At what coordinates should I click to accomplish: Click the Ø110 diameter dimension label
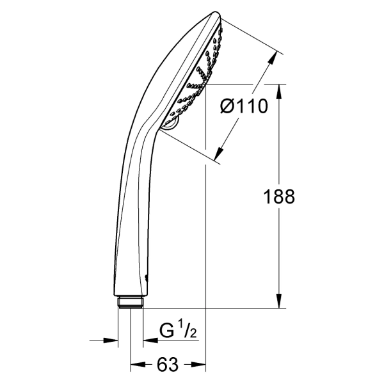[244, 106]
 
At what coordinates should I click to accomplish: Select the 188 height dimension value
[278, 196]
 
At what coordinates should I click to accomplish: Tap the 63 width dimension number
[168, 364]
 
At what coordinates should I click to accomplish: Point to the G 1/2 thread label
[178, 331]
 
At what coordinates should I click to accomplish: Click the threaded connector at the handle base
[131, 303]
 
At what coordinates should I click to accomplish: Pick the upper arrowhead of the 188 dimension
[278, 92]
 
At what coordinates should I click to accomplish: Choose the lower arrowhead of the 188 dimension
[278, 301]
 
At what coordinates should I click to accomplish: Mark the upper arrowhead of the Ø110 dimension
[273, 58]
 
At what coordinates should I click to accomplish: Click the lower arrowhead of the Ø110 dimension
[219, 154]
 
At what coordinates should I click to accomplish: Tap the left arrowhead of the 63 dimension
[138, 364]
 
